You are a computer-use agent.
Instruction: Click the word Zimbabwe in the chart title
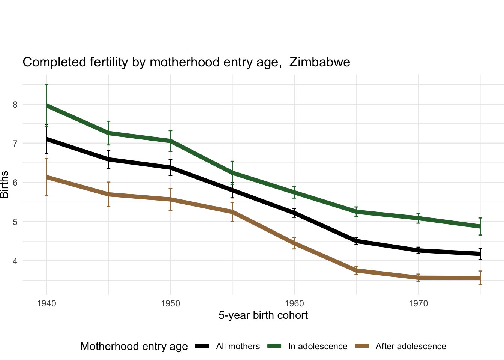click(x=320, y=62)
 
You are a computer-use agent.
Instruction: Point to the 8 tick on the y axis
click(x=15, y=105)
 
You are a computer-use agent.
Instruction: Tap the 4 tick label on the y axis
click(x=15, y=261)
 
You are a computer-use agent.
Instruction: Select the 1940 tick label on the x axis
click(x=46, y=303)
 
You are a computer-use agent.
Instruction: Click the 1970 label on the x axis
click(x=418, y=303)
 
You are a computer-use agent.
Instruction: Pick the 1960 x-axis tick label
click(x=294, y=303)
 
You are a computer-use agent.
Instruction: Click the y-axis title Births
click(x=4, y=184)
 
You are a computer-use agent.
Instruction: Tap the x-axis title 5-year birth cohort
click(x=263, y=315)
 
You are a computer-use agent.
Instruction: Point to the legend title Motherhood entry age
click(x=134, y=346)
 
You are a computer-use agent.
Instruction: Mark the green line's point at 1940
click(x=46, y=106)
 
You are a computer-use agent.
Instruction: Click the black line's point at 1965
click(x=356, y=241)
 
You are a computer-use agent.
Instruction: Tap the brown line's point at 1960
click(x=294, y=243)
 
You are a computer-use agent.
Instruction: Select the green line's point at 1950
click(x=171, y=141)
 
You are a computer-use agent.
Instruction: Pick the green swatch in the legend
click(x=275, y=346)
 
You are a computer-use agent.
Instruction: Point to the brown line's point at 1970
click(x=418, y=277)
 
